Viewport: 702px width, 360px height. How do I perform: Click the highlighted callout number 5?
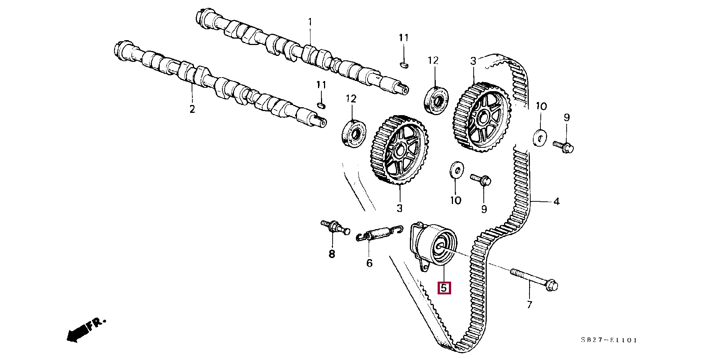[444, 288]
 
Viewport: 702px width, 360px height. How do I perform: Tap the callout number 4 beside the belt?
[556, 202]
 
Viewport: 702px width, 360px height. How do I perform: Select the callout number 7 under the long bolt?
[529, 304]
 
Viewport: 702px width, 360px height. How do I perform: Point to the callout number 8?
[332, 254]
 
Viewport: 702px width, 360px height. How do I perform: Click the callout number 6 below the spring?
[369, 263]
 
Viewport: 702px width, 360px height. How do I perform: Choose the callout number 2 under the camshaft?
[192, 109]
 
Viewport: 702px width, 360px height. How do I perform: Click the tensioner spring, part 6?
[379, 233]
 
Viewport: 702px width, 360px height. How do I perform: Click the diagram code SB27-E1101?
[609, 340]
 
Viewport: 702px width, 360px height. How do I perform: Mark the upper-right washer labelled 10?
[540, 138]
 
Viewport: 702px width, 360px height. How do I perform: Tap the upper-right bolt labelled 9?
[564, 146]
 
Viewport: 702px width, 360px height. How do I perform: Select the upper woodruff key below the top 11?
[403, 64]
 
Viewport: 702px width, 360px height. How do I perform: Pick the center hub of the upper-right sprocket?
[483, 118]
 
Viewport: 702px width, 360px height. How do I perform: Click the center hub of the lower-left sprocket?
[400, 150]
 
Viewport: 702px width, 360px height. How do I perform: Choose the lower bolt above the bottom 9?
[481, 179]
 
